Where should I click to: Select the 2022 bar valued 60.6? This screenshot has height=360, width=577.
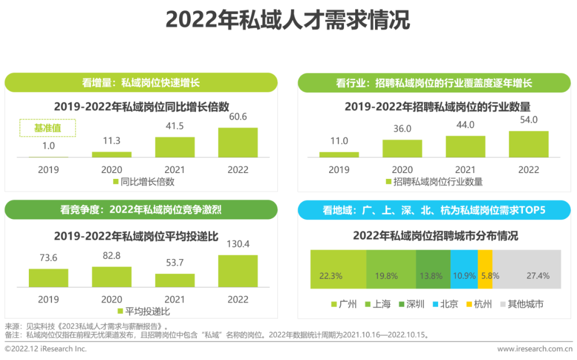[x=238, y=143]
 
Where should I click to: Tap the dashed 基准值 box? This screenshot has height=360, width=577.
[x=48, y=128]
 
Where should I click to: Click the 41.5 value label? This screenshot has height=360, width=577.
[x=175, y=127]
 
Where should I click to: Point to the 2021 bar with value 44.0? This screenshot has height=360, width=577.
[x=465, y=147]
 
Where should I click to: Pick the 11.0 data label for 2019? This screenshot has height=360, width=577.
[x=339, y=141]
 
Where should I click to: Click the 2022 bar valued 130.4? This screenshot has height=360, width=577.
[x=238, y=271]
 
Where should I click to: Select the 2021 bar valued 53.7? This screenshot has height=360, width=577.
[x=175, y=280]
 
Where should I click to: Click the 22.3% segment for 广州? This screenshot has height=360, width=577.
[x=338, y=270]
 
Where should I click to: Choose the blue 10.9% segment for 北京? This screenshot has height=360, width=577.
[x=464, y=270]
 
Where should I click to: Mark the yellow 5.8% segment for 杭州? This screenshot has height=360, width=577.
[x=485, y=270]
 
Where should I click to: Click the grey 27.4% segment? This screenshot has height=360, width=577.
[x=526, y=270]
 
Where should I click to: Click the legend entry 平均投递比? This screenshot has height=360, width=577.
[x=143, y=311]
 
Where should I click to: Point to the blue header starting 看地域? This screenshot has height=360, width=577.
[x=433, y=210]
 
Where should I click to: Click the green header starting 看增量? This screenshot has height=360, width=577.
[x=141, y=83]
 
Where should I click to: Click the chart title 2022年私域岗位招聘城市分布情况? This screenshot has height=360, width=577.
[x=435, y=236]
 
